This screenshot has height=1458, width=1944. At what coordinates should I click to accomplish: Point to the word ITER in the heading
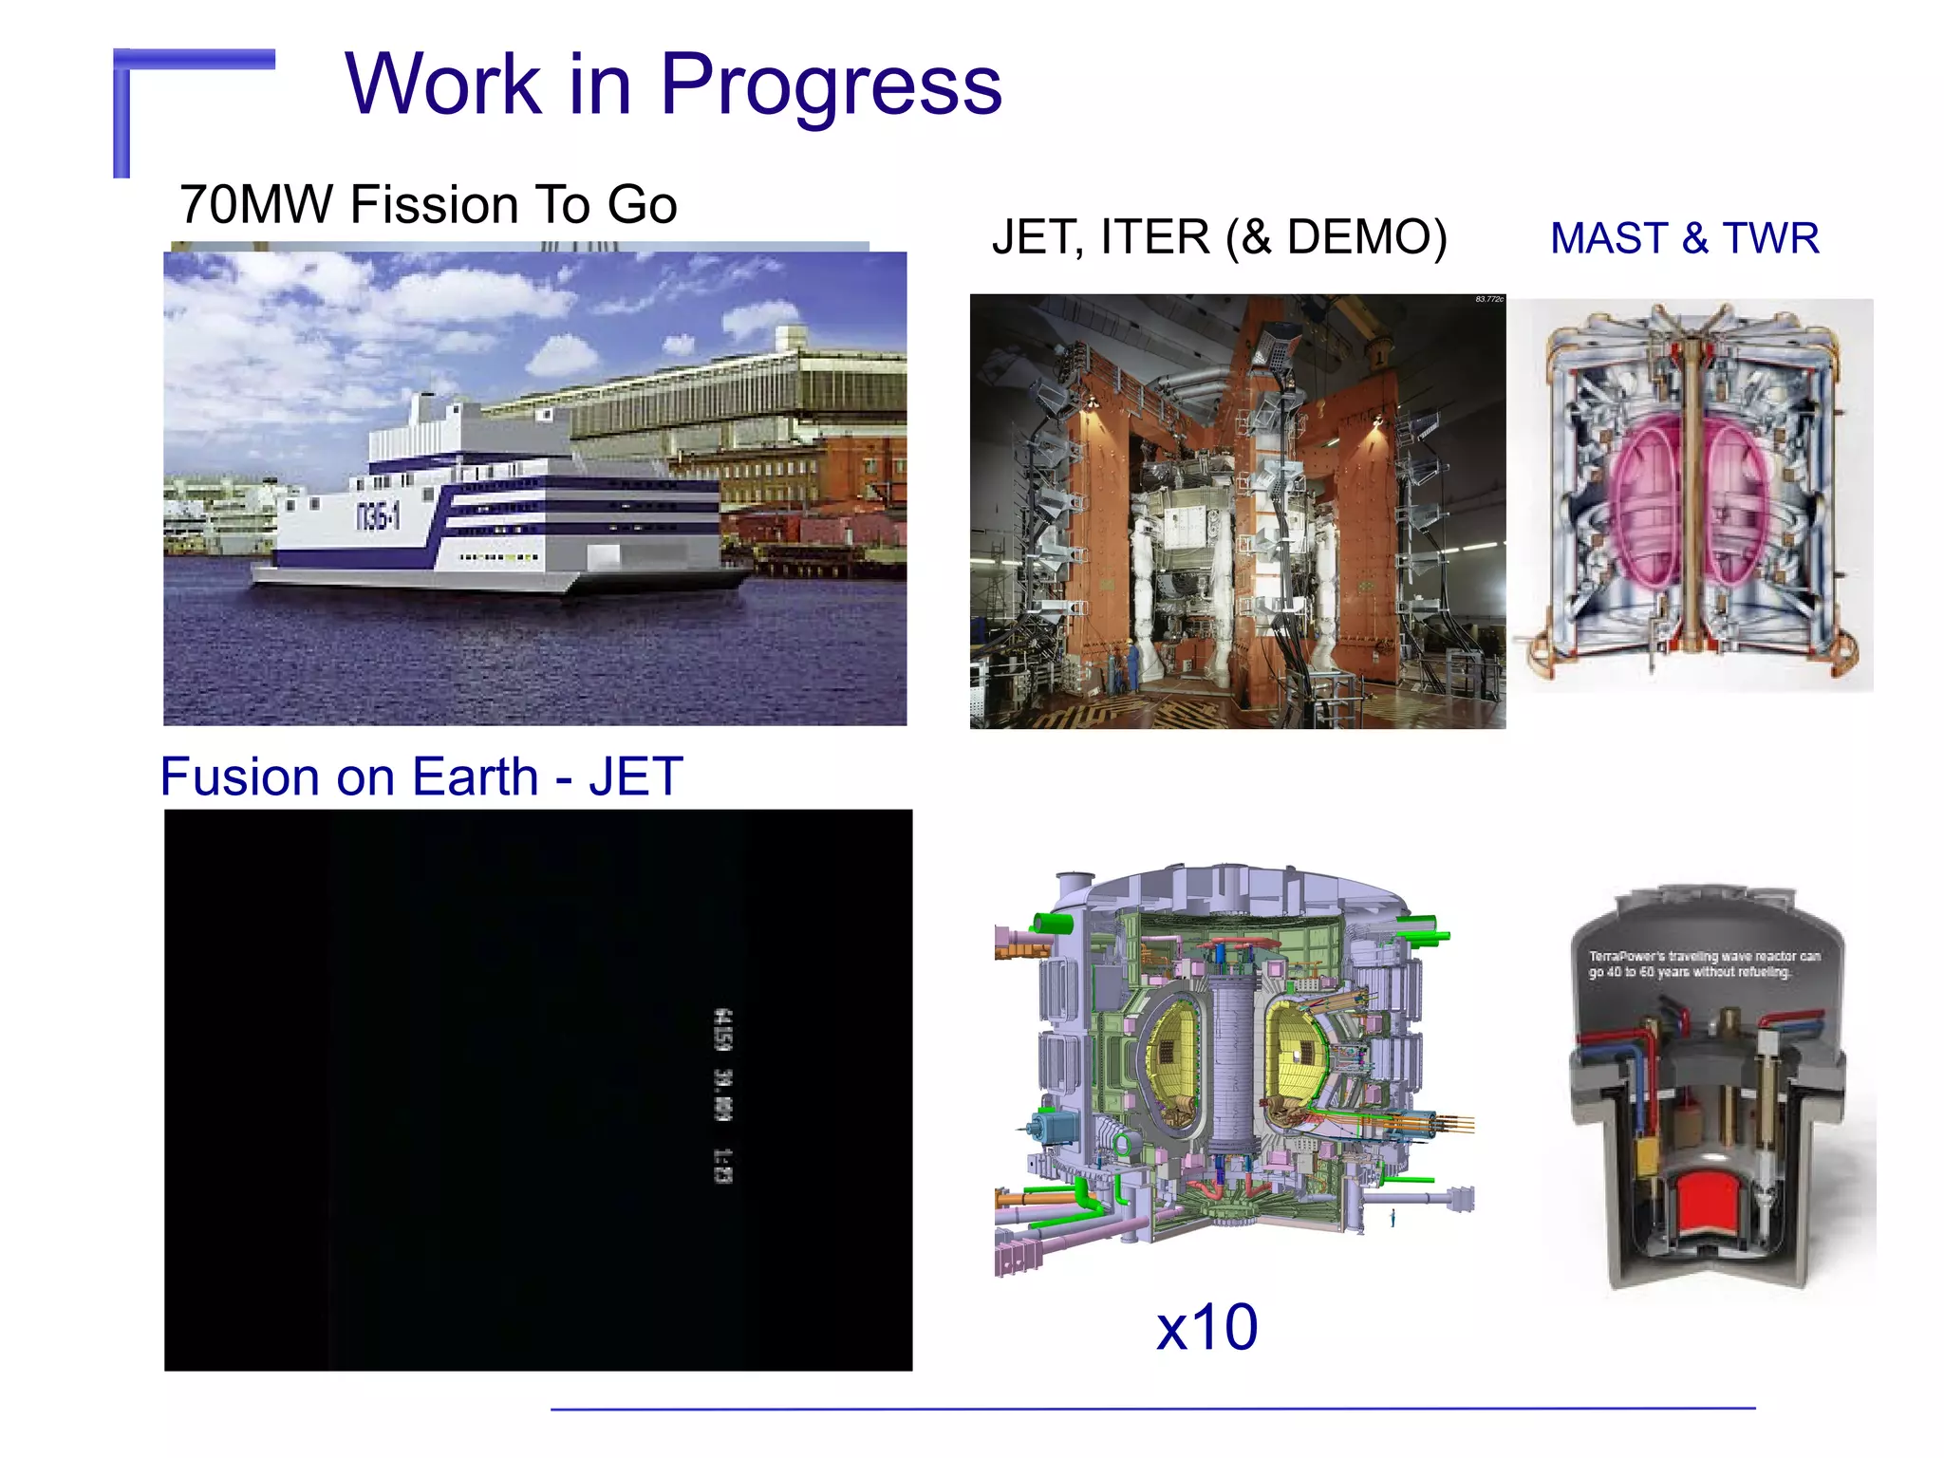(x=1154, y=237)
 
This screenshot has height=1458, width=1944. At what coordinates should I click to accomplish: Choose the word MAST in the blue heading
(x=1609, y=238)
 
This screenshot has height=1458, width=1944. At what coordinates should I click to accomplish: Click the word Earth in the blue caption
(x=476, y=776)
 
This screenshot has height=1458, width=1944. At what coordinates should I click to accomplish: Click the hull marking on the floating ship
(x=378, y=516)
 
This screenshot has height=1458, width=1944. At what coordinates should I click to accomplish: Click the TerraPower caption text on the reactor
(x=1704, y=963)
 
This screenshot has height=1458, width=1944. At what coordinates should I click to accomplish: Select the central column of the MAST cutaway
(x=1691, y=494)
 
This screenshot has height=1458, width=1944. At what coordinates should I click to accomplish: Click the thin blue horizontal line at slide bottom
(x=1152, y=1409)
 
